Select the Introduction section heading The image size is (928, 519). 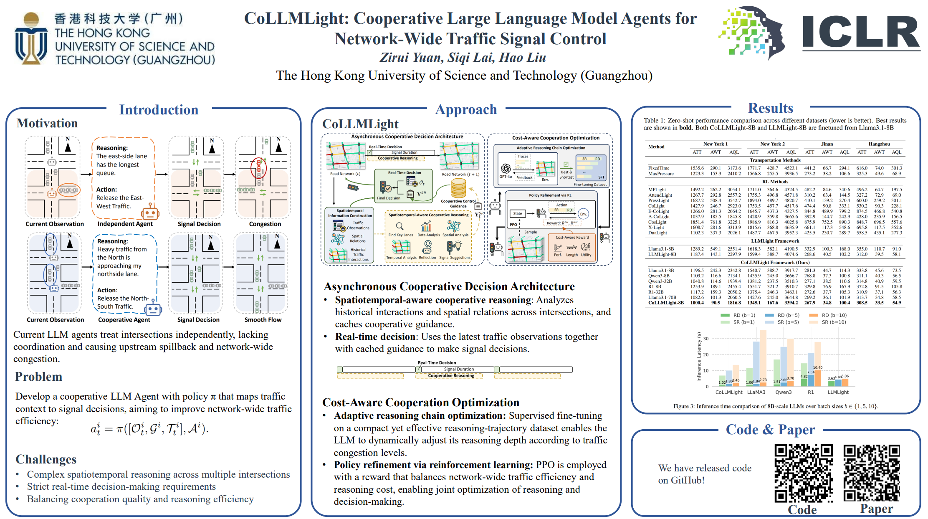pyautogui.click(x=159, y=110)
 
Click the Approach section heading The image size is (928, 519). pyautogui.click(x=466, y=109)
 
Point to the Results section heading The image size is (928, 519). pyautogui.click(x=770, y=108)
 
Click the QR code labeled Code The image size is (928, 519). pyautogui.click(x=804, y=473)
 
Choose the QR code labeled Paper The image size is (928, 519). pyautogui.click(x=872, y=473)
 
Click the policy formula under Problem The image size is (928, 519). pyautogui.click(x=149, y=428)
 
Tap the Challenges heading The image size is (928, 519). pyautogui.click(x=46, y=459)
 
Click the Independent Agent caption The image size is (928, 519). pyautogui.click(x=125, y=224)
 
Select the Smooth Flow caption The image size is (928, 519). pyautogui.click(x=263, y=320)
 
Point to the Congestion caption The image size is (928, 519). pyautogui.click(x=265, y=224)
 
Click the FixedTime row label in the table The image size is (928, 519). pyautogui.click(x=658, y=168)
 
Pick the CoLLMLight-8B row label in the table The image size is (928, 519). pyautogui.click(x=666, y=303)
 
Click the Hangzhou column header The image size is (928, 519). pyautogui.click(x=879, y=144)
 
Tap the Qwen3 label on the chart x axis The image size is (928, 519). pyautogui.click(x=783, y=392)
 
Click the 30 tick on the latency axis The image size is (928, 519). pyautogui.click(x=706, y=339)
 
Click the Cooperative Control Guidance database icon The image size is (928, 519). pyautogui.click(x=458, y=188)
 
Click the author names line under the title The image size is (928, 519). pyautogui.click(x=463, y=57)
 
